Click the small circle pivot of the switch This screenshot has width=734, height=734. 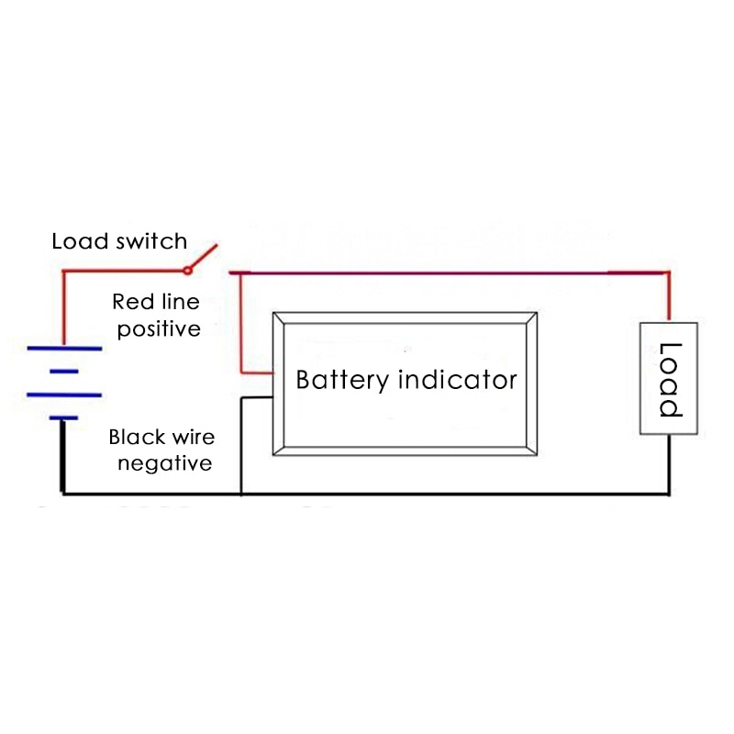[x=187, y=270]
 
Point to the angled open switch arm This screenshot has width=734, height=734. [x=204, y=257]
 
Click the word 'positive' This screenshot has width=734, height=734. [x=158, y=328]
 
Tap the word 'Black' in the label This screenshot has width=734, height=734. [x=134, y=438]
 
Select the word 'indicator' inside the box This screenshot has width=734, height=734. [x=459, y=380]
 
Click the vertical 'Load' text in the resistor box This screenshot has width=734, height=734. [x=671, y=379]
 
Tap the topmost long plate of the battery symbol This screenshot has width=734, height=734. [x=63, y=349]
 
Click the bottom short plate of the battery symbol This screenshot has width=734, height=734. [x=63, y=418]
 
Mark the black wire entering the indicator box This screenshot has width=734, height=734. [x=257, y=398]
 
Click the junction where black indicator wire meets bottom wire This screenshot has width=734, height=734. [x=240, y=495]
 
